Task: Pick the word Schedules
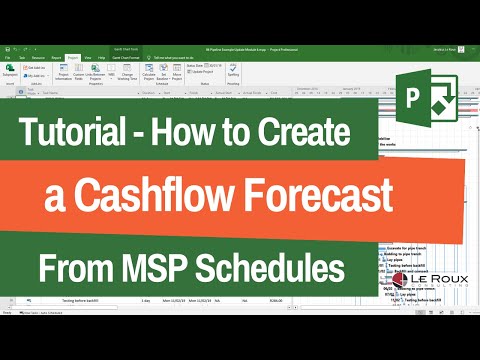pos(287,267)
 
